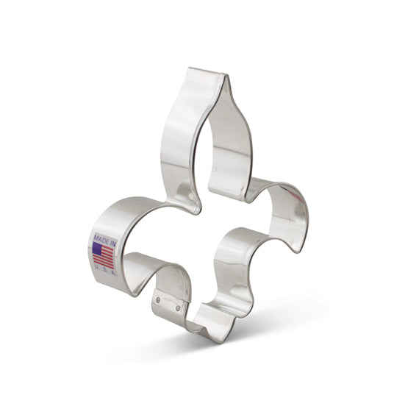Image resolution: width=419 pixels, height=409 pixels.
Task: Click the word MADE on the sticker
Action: [x=101, y=239]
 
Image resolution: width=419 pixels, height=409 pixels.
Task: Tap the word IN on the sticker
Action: [x=112, y=243]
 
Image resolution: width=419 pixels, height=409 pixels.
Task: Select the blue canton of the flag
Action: [x=97, y=249]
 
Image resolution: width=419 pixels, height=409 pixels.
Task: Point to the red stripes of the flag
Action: [x=104, y=256]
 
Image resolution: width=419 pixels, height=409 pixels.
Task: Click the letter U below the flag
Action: [x=96, y=266]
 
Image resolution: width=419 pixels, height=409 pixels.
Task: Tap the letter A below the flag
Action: [x=113, y=273]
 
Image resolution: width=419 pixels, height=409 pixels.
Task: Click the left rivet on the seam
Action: [x=158, y=300]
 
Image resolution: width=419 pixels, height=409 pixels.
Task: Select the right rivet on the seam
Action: [x=178, y=309]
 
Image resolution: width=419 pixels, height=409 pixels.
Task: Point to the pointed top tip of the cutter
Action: [x=226, y=76]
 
